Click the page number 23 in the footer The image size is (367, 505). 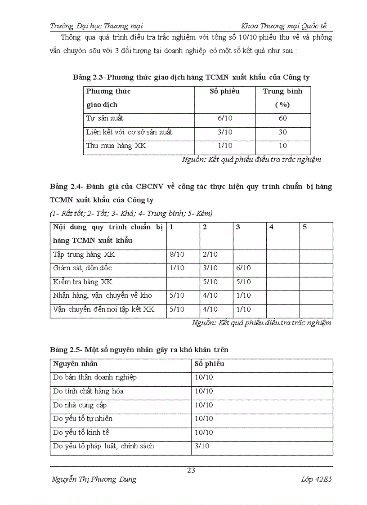(x=191, y=470)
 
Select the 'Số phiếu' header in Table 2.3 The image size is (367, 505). (x=224, y=91)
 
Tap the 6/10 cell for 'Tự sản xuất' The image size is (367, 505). (x=224, y=118)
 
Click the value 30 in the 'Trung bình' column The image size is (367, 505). (x=282, y=132)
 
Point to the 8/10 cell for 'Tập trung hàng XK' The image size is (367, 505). (x=177, y=255)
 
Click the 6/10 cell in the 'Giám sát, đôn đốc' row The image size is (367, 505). (x=243, y=268)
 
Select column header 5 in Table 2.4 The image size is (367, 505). (x=304, y=227)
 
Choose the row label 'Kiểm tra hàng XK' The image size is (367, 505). (x=82, y=282)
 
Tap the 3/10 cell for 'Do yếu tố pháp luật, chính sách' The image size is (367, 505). (x=202, y=446)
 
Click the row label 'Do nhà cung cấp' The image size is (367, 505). (x=80, y=405)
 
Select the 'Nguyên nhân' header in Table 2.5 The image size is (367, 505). (x=75, y=364)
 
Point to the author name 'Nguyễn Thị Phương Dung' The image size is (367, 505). (x=94, y=479)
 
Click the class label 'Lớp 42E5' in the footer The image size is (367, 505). (x=317, y=479)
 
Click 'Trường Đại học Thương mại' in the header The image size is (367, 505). (x=96, y=26)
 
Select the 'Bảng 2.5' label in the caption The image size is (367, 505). (x=65, y=349)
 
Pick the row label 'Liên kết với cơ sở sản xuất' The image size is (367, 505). (x=129, y=132)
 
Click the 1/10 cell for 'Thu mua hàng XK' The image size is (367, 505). (x=224, y=146)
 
